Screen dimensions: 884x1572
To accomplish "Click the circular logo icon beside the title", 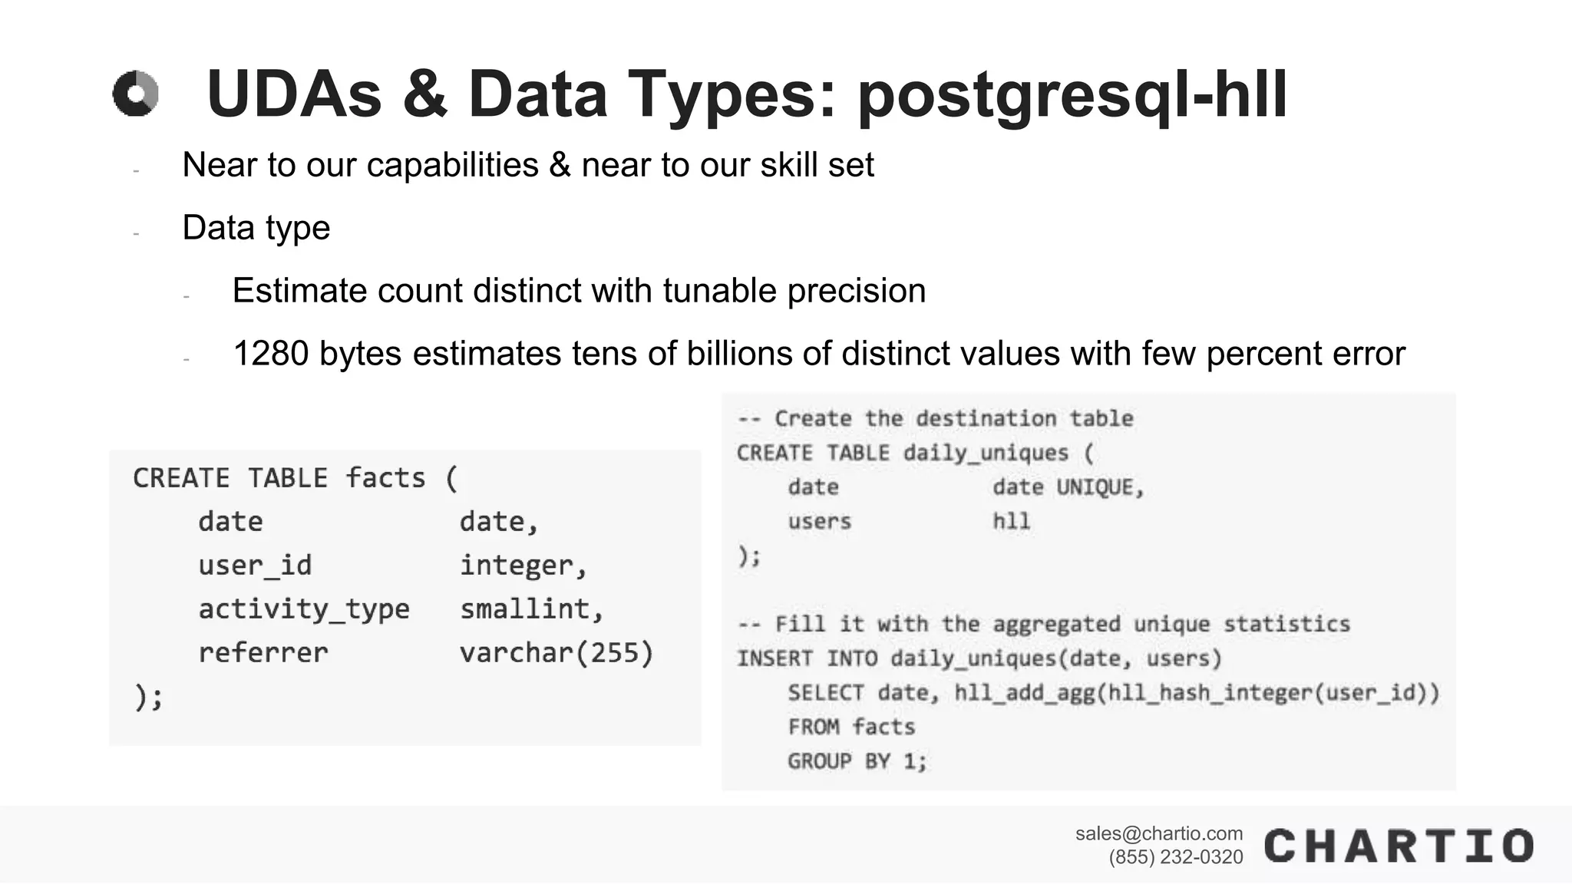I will [136, 94].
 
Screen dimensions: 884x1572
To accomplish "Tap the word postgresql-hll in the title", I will [1072, 95].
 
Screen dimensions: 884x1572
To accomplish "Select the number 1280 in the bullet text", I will [270, 354].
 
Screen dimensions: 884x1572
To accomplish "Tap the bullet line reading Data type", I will [256, 228].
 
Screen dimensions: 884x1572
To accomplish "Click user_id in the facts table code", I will [255, 566].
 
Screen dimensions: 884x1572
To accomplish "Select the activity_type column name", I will [304, 609].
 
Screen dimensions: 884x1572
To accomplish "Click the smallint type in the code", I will [531, 609].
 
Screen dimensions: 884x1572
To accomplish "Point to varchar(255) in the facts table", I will [556, 653].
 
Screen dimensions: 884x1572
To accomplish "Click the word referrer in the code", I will [263, 653].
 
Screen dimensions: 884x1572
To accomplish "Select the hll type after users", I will [1011, 522].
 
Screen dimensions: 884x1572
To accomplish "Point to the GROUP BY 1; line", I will [857, 761].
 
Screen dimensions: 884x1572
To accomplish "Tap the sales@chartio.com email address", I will [1158, 833].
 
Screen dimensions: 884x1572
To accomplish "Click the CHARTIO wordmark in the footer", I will [1399, 846].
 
